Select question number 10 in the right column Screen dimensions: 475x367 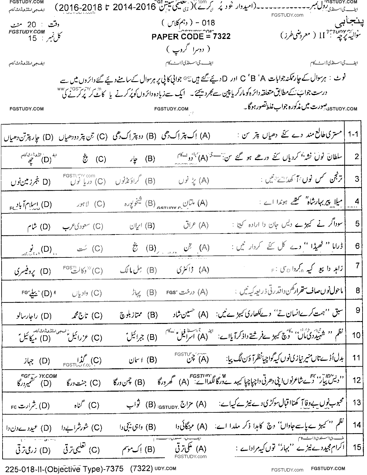(356, 335)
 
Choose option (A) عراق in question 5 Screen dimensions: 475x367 (195, 226)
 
